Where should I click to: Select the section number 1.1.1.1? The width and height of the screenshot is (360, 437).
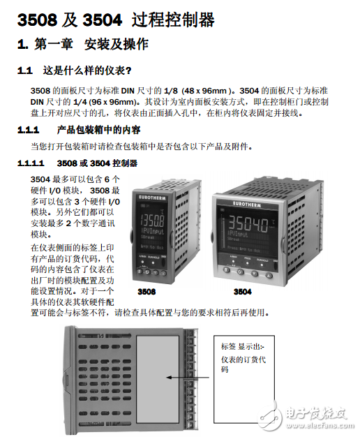(34, 163)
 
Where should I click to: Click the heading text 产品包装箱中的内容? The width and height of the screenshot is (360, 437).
(98, 131)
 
